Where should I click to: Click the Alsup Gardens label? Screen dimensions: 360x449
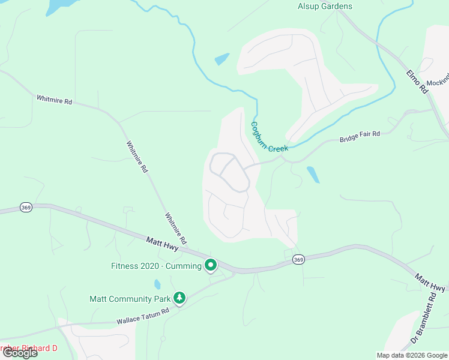point(325,7)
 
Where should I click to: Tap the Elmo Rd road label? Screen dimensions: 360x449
point(416,81)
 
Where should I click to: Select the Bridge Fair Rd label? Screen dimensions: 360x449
point(360,136)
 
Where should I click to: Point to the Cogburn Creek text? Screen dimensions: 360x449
point(269,137)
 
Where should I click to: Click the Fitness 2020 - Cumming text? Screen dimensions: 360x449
point(156,266)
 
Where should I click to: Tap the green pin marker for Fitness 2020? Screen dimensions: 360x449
point(211,265)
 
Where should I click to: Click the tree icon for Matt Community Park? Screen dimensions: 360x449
point(179,298)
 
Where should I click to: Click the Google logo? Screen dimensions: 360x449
point(19,353)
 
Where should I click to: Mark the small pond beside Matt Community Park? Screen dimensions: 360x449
point(157,284)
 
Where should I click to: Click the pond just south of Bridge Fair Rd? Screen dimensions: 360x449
point(313,175)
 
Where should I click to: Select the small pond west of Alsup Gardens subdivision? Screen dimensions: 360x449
point(221,59)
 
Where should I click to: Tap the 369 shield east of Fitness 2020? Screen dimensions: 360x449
point(298,259)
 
